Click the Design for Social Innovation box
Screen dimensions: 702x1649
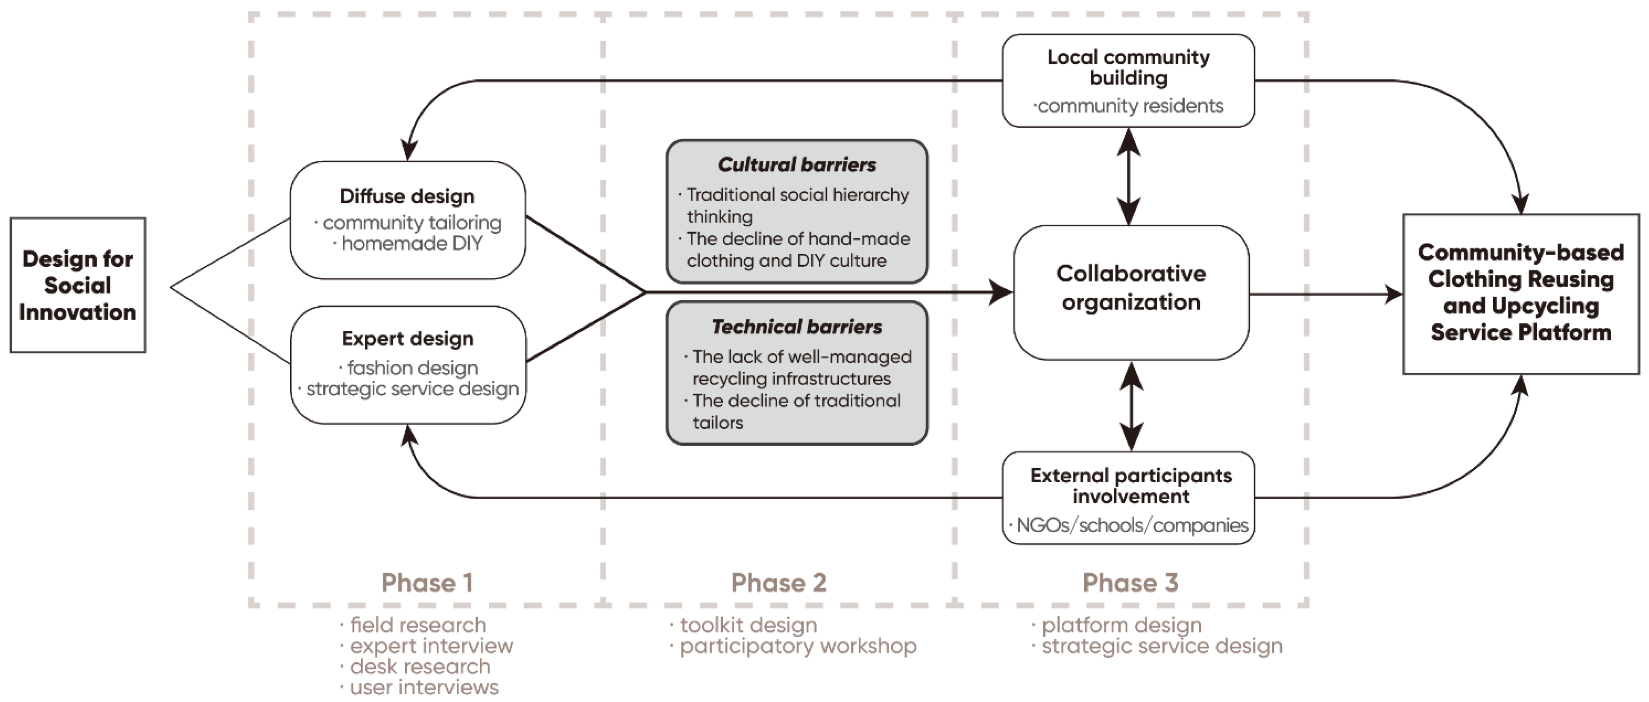(x=77, y=285)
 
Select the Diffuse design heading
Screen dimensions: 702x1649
(x=407, y=196)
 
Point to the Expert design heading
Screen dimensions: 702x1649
(x=408, y=339)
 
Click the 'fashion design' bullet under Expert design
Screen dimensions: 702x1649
(x=412, y=368)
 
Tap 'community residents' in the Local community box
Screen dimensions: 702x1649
(x=1130, y=106)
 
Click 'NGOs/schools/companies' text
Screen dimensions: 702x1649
(x=1132, y=525)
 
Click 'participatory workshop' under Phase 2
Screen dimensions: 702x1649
(x=798, y=646)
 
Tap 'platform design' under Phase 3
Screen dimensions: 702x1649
(x=1121, y=625)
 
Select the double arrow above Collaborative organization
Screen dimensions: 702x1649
(x=1129, y=176)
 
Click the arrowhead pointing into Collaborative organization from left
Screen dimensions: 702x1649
(x=1000, y=293)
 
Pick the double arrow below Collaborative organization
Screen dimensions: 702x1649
(x=1131, y=406)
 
